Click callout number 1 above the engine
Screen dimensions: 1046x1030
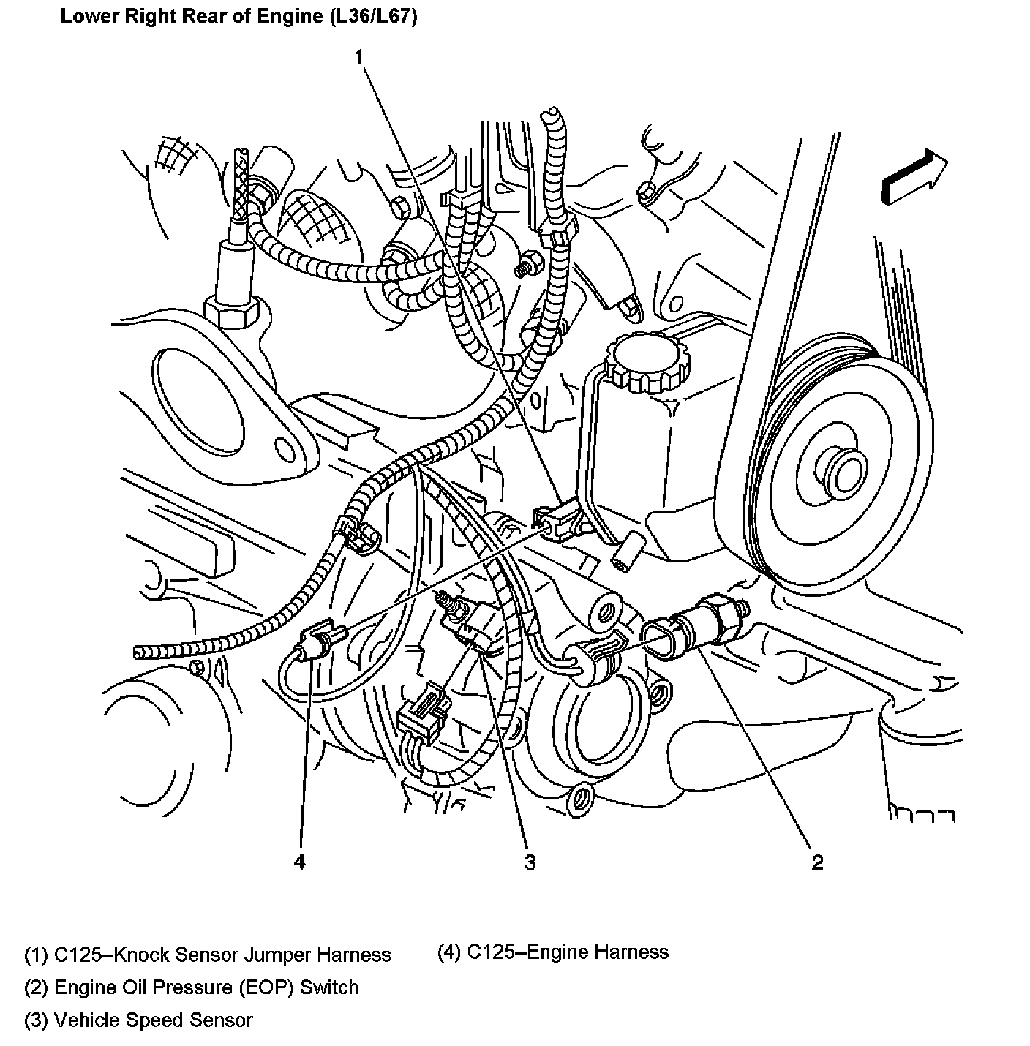[x=359, y=57]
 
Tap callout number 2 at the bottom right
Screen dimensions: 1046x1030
[x=817, y=862]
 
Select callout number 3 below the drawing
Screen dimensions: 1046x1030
[x=530, y=862]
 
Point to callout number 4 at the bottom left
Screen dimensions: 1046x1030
[x=299, y=862]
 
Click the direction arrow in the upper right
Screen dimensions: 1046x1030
[x=914, y=177]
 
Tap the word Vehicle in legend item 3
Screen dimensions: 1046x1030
[x=90, y=1020]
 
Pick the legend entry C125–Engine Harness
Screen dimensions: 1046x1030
[x=553, y=952]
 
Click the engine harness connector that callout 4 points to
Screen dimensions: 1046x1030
[x=320, y=635]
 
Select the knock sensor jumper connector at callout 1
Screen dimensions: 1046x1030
[x=557, y=520]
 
